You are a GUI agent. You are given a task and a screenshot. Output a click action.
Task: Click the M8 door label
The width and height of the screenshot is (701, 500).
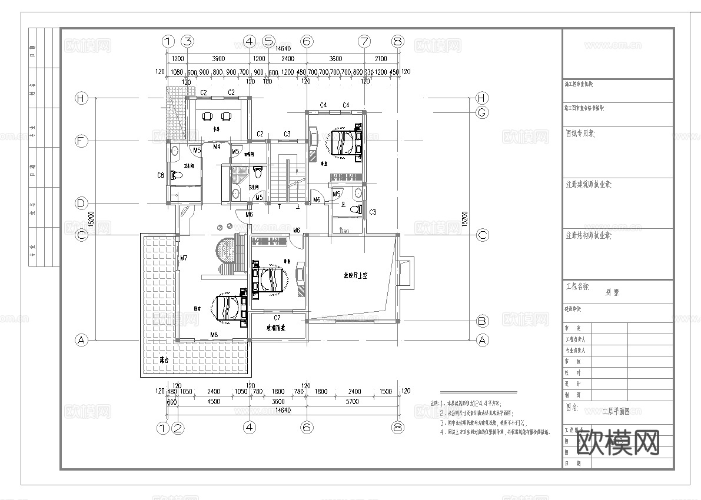click(x=214, y=335)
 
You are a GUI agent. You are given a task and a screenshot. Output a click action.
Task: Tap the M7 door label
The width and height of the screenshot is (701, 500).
click(x=184, y=258)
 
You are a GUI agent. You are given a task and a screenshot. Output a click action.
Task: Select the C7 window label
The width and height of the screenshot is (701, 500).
click(x=277, y=318)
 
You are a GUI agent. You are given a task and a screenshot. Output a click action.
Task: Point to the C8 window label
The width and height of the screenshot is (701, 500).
click(x=160, y=175)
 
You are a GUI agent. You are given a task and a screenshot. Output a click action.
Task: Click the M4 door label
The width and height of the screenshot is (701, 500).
click(x=217, y=146)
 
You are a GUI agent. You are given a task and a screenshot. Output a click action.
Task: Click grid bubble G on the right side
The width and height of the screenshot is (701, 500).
click(x=482, y=112)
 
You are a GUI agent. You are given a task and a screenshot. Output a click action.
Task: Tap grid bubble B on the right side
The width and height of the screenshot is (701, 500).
click(x=482, y=321)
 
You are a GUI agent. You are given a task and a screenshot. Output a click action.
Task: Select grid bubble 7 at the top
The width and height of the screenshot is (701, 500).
click(x=365, y=41)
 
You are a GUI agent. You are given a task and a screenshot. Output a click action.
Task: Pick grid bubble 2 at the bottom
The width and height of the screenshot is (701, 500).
click(x=178, y=428)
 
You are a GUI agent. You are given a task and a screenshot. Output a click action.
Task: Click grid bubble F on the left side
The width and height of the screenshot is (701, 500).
click(x=81, y=141)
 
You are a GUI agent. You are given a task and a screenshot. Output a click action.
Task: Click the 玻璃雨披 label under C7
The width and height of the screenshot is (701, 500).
click(x=276, y=328)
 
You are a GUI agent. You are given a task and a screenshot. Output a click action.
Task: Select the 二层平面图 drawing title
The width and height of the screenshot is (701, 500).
click(x=616, y=412)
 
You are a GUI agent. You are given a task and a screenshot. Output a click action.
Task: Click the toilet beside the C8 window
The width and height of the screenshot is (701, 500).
click(x=176, y=175)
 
